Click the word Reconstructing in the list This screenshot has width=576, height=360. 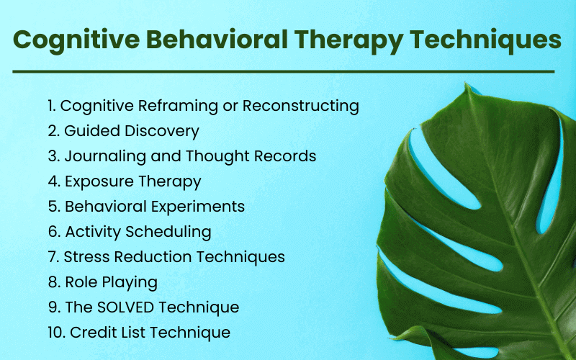tap(301, 106)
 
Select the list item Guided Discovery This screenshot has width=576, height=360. tap(132, 131)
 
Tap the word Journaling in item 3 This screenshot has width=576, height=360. tap(102, 156)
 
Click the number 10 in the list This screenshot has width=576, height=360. tap(55, 333)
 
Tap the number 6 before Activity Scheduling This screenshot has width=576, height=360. tap(53, 232)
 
